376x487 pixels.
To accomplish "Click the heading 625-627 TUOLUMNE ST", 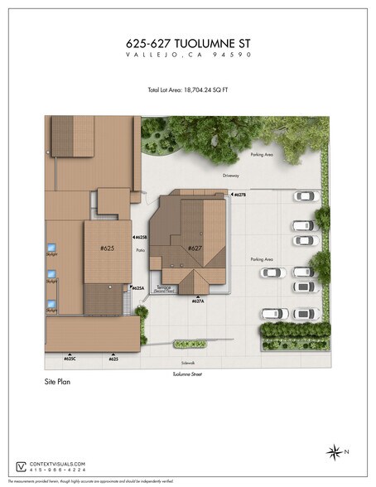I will pos(187,41).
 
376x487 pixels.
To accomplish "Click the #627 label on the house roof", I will pos(195,248).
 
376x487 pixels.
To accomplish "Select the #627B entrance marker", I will pos(237,195).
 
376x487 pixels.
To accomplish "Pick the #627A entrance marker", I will pos(197,301).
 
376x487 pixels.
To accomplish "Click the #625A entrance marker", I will pos(137,287).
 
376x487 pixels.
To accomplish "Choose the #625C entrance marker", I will pos(70,359).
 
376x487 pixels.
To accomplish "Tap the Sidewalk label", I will pos(186,363).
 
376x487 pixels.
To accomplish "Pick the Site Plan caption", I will pos(60,384).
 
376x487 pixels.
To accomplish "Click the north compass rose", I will pos(335,451).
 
